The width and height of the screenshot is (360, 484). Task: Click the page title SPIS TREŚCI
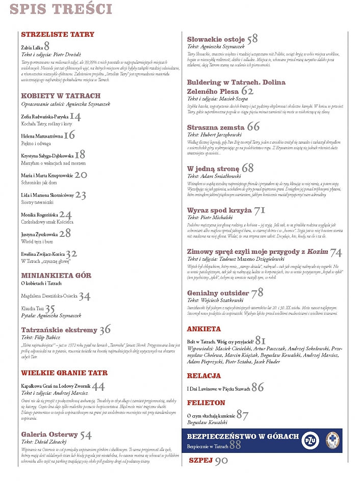click(x=61, y=9)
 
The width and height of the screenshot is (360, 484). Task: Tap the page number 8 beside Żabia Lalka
click(x=46, y=46)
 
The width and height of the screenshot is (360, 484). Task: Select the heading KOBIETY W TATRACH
click(x=61, y=96)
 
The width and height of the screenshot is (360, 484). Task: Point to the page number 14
click(x=75, y=117)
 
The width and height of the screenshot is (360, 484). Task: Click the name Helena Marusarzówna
click(x=42, y=137)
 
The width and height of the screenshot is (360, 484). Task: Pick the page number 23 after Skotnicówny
click(x=81, y=195)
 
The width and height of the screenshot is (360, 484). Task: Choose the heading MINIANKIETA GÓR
click(x=56, y=276)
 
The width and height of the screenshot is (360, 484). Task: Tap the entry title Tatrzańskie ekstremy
click(x=59, y=330)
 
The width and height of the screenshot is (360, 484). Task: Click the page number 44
click(x=98, y=387)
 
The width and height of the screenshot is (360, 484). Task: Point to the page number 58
click(x=252, y=39)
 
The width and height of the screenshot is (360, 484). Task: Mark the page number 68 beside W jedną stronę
click(x=247, y=168)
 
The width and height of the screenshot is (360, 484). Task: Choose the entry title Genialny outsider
click(x=218, y=293)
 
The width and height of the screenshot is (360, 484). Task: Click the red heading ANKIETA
click(x=204, y=329)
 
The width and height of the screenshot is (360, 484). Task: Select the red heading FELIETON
click(x=206, y=402)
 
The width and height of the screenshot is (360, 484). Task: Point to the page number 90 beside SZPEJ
click(x=221, y=461)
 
